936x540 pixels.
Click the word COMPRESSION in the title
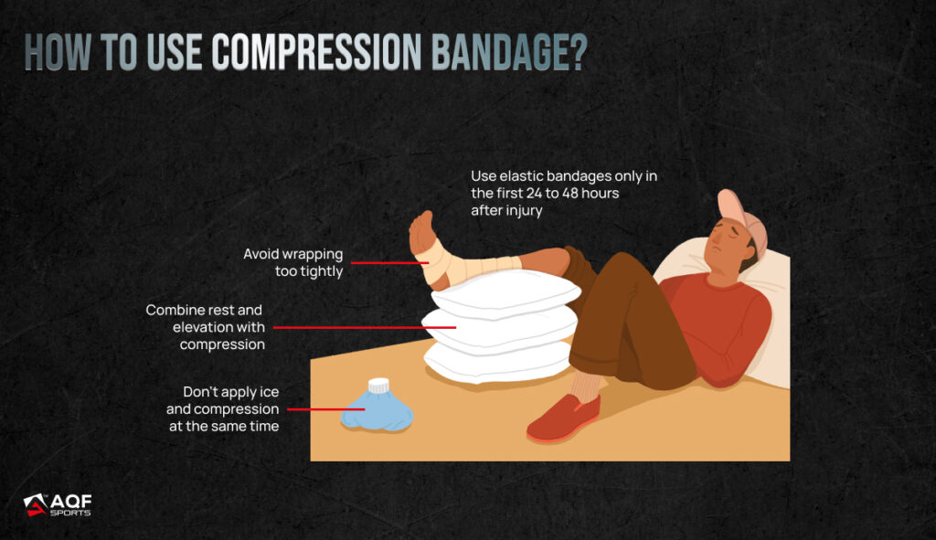[316, 52]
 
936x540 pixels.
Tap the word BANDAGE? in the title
[509, 52]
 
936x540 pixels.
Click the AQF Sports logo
[58, 504]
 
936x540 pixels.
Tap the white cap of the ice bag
[378, 386]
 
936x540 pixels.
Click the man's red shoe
[563, 418]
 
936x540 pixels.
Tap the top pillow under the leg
[505, 293]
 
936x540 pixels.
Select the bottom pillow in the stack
[498, 362]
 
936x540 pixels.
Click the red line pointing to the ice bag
[326, 409]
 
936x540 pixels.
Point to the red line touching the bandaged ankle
[389, 262]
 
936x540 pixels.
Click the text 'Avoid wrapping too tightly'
[293, 262]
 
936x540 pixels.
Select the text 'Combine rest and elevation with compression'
[206, 327]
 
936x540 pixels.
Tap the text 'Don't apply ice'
[231, 392]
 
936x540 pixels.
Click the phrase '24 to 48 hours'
[572, 194]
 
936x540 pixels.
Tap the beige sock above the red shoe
[586, 386]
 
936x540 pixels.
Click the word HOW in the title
[58, 52]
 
